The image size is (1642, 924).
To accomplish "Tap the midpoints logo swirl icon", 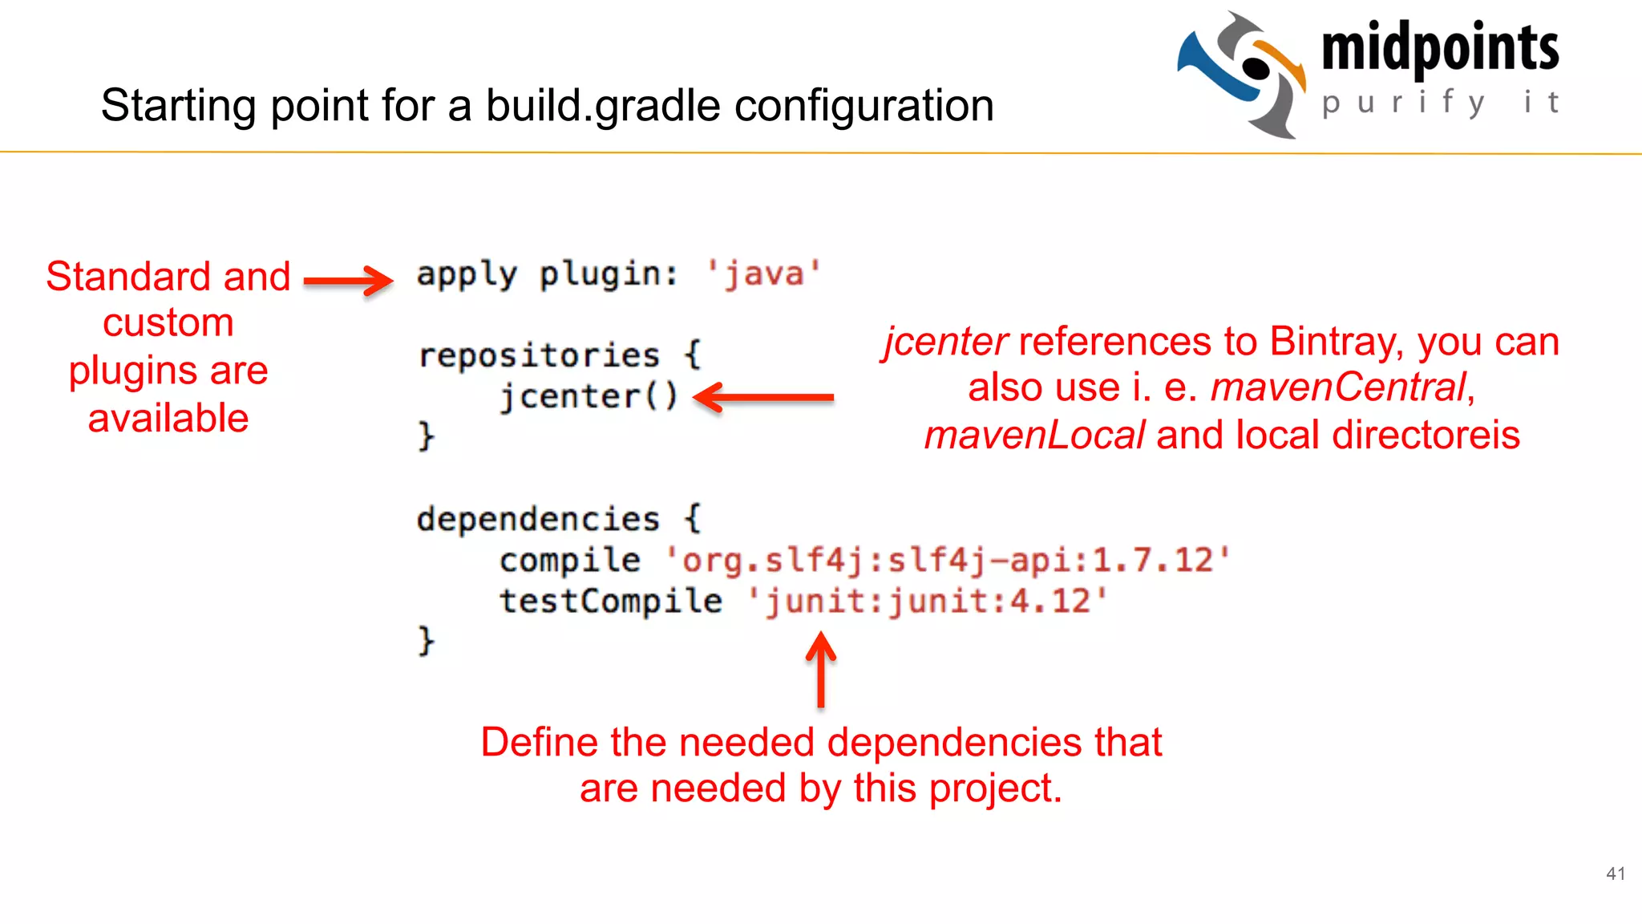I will [x=1242, y=74].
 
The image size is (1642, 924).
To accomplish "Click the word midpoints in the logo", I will [x=1439, y=48].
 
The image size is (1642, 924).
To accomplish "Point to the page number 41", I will [x=1616, y=873].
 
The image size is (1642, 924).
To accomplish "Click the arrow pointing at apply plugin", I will [x=349, y=280].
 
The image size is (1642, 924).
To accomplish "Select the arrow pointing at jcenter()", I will [x=763, y=397].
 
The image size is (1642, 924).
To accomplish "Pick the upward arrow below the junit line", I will [x=820, y=670].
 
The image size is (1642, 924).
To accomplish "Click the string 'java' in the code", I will [x=764, y=274].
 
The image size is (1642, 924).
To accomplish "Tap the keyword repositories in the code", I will [x=539, y=355].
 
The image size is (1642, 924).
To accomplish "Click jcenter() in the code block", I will [x=588, y=396].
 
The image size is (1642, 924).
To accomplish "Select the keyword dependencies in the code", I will [x=538, y=519].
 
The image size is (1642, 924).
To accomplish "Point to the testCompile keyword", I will [x=610, y=601].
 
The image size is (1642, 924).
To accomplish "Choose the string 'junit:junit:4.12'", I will [x=928, y=601].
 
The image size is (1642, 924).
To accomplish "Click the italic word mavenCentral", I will [x=1338, y=387].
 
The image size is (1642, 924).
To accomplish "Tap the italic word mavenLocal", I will [x=1034, y=436].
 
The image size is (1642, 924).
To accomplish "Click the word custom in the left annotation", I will [x=168, y=323].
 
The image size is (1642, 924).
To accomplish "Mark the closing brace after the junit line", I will [x=426, y=641].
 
